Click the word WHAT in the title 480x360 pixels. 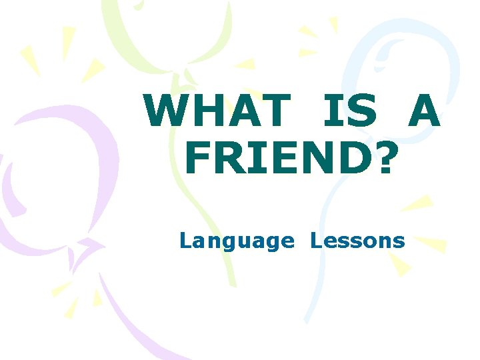point(215,111)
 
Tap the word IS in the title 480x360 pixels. point(349,111)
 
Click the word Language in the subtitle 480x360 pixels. point(237,241)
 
